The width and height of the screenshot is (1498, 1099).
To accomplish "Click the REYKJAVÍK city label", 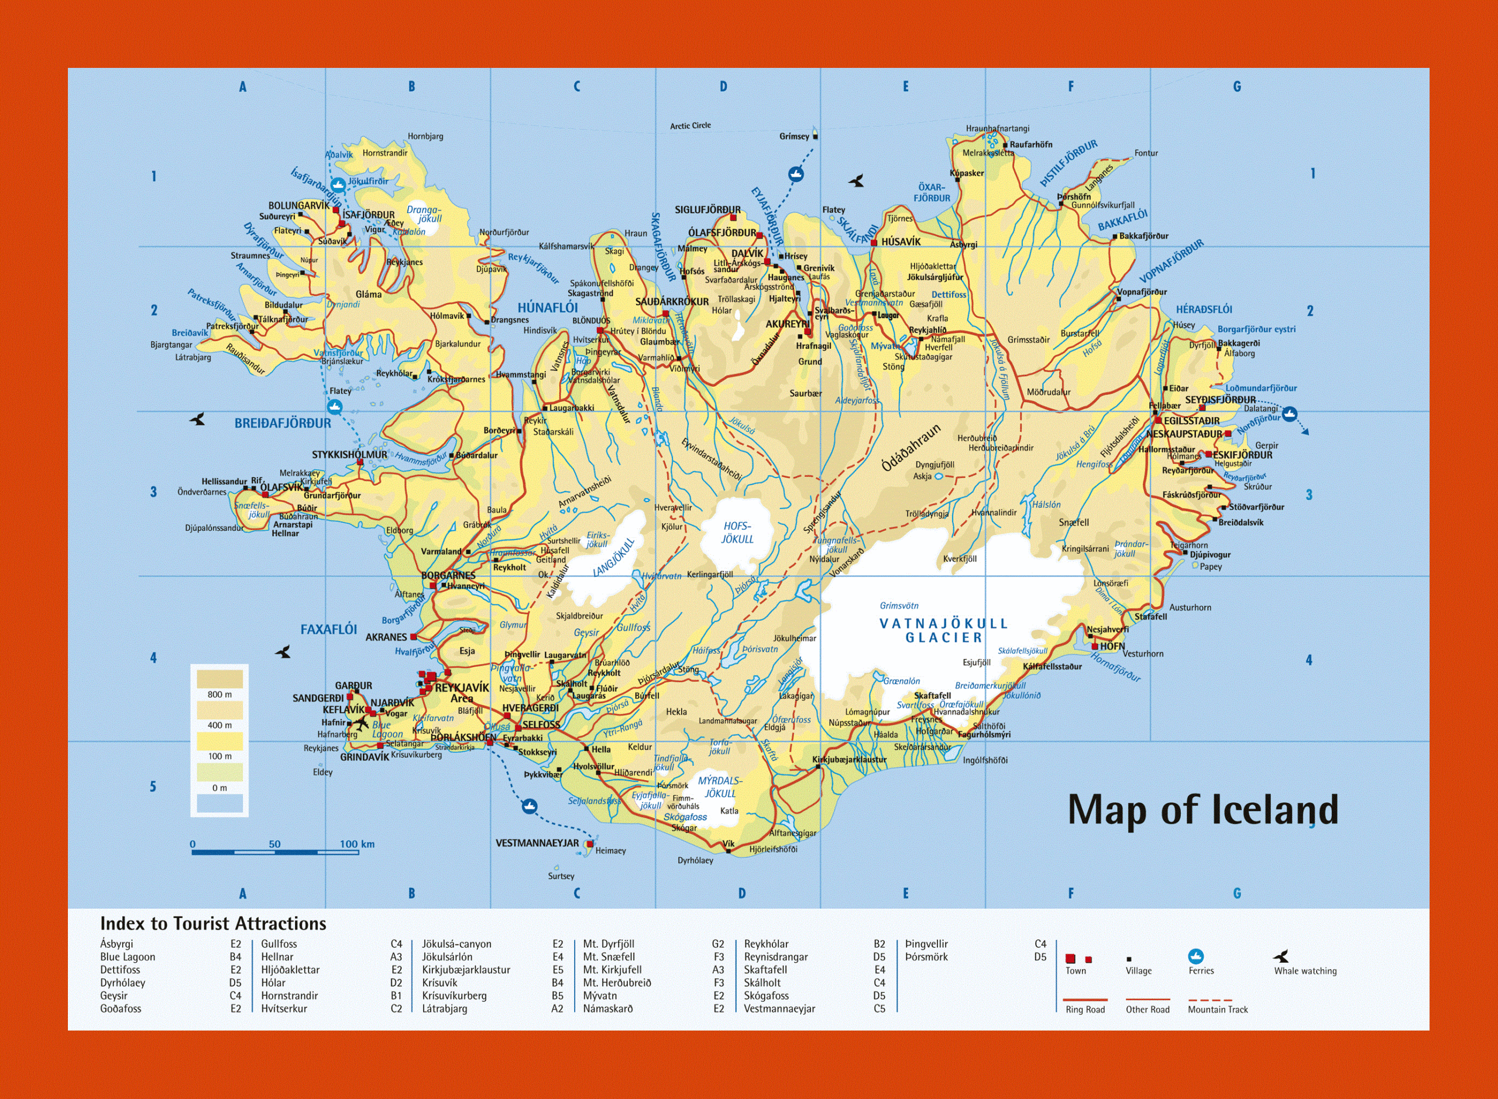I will coord(462,687).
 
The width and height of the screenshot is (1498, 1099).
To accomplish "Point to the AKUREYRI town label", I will coord(787,324).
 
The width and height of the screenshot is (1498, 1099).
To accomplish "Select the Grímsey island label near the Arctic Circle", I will coord(794,136).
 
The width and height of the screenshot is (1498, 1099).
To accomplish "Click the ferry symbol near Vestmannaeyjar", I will coord(529,806).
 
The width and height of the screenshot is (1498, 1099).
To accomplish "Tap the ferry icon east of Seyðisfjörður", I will coord(1289,414).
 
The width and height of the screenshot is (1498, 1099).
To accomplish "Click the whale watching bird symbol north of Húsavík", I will coord(857,180).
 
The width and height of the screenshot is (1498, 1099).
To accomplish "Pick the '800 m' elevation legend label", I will coord(219,695).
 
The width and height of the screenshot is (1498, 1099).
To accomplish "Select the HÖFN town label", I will coord(1112,646).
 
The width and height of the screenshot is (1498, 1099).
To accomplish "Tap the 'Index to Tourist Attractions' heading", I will coord(213,923).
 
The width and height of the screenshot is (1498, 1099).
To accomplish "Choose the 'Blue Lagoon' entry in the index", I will coord(128,957).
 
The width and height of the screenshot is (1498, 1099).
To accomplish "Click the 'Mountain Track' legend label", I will coord(1217,1009).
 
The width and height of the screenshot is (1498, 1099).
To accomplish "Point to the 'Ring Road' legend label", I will coord(1085,1009).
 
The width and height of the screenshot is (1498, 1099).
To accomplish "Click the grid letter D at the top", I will coord(723,87).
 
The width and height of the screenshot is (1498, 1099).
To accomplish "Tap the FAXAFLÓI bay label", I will coord(329,629).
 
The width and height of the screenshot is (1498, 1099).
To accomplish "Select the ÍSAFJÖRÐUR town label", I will coord(368,215).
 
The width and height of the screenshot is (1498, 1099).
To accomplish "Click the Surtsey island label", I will coord(561,876).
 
